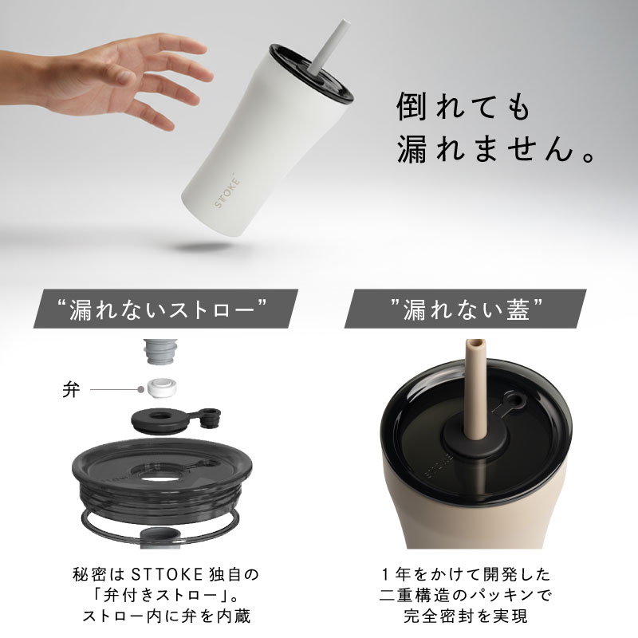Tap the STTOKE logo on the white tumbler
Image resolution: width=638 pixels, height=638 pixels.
click(x=227, y=192)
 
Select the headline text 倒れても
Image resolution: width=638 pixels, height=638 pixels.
click(x=464, y=107)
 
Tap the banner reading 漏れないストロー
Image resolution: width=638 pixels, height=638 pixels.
click(x=165, y=309)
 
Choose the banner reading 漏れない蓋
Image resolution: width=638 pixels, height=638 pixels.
click(x=466, y=309)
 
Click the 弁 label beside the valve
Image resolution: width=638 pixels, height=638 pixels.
click(x=71, y=390)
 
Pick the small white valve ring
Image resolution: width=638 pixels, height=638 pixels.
click(x=162, y=388)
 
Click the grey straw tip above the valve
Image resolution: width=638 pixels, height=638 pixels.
click(x=161, y=352)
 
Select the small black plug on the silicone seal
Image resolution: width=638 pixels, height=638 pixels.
click(x=211, y=418)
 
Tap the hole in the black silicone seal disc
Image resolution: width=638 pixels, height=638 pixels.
click(x=162, y=416)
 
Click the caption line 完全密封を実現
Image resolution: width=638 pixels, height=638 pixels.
click(x=466, y=616)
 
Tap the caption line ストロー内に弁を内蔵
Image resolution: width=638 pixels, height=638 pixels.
click(x=167, y=616)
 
